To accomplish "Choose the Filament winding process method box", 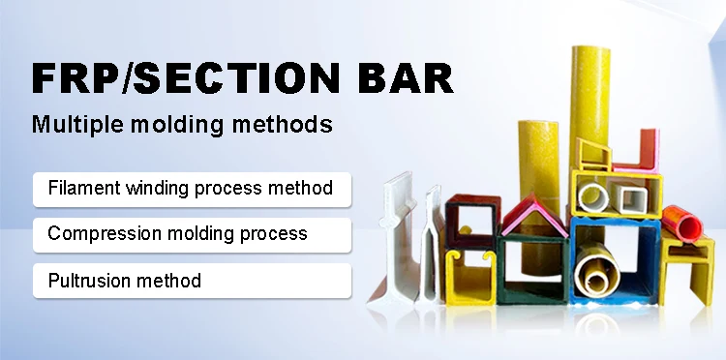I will pos(192,188).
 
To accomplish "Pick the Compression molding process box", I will pos(192,234).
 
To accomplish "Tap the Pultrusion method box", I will pos(192,281).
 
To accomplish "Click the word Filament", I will pos(83,188).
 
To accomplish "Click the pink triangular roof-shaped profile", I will pos(532,218).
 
